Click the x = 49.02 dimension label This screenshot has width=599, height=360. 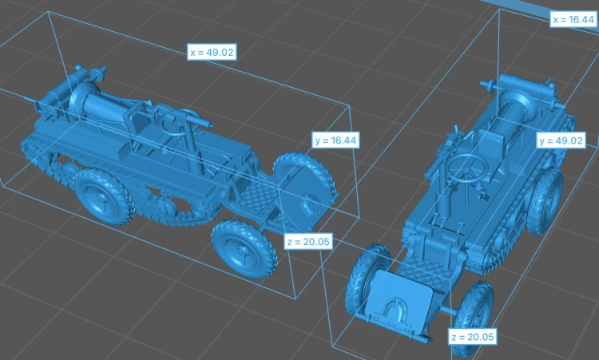(212, 52)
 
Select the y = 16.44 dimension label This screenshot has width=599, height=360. (335, 140)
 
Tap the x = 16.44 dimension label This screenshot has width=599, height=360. (573, 19)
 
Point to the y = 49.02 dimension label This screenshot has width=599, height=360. (561, 140)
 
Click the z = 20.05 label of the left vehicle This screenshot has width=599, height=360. (308, 242)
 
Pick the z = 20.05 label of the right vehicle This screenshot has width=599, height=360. (473, 337)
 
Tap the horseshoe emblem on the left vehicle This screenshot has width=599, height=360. (309, 204)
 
